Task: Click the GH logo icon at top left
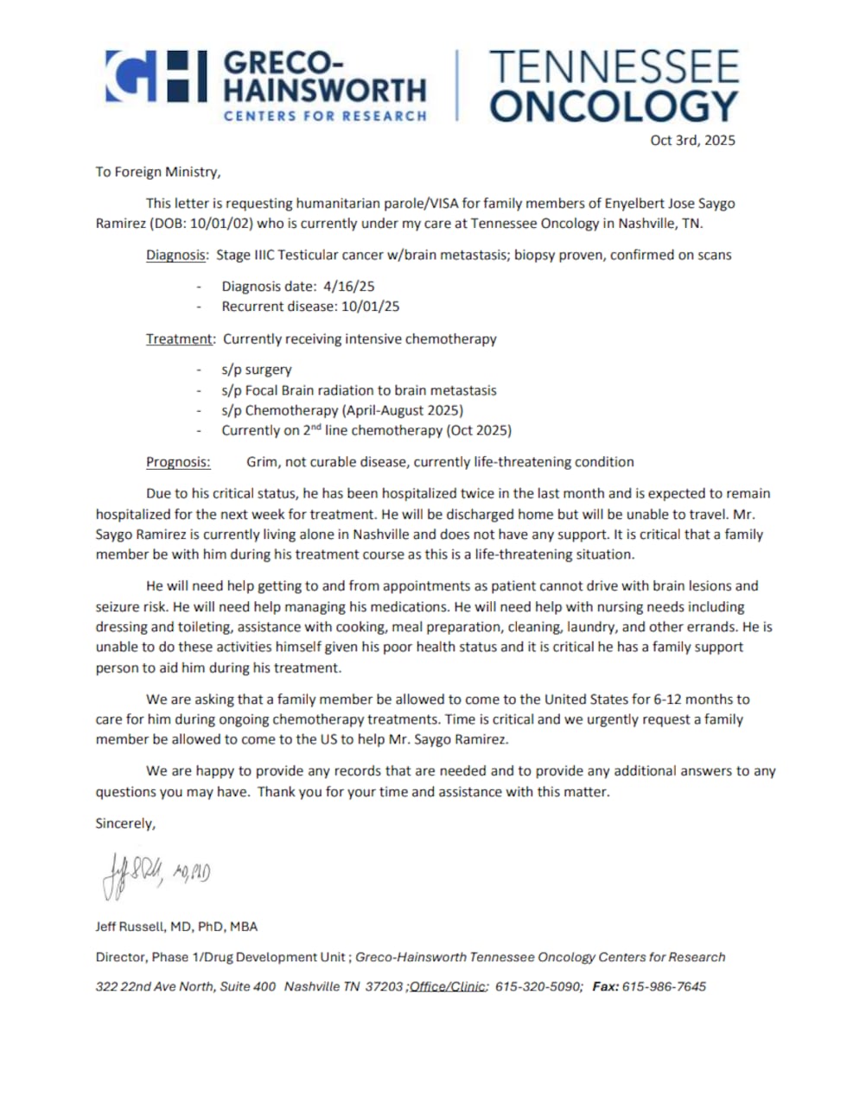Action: [x=156, y=77]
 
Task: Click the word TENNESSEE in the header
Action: [x=614, y=66]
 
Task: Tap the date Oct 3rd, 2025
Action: [x=692, y=140]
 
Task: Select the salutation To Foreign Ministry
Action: [x=158, y=172]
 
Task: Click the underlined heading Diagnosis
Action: [x=175, y=255]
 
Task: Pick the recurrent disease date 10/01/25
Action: [x=370, y=306]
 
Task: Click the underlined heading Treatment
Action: [x=179, y=339]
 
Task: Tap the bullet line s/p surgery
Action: [x=256, y=370]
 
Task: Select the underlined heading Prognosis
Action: [x=178, y=462]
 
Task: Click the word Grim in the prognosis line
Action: [x=262, y=462]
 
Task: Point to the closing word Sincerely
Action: [x=125, y=823]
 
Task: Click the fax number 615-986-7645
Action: [x=664, y=986]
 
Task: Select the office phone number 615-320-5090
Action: [x=538, y=986]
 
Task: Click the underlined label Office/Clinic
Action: [x=449, y=986]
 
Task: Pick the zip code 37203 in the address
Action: [x=384, y=986]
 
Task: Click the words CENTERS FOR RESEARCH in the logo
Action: [x=325, y=116]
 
